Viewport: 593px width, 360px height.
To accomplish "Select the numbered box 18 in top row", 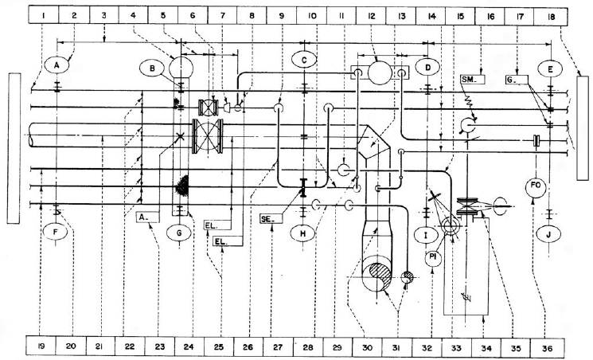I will (x=550, y=14).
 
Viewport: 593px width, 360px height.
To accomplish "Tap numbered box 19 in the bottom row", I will (x=42, y=348).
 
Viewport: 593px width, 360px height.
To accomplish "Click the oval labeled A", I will (x=57, y=64).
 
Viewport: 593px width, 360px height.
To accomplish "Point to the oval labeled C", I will (x=305, y=61).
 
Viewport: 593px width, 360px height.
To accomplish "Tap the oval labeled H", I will (x=305, y=233).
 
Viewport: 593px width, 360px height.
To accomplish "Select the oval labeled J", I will (x=550, y=235).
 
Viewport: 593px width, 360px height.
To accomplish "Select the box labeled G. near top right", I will (x=514, y=80).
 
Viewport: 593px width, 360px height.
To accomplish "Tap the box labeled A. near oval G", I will (x=147, y=216).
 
